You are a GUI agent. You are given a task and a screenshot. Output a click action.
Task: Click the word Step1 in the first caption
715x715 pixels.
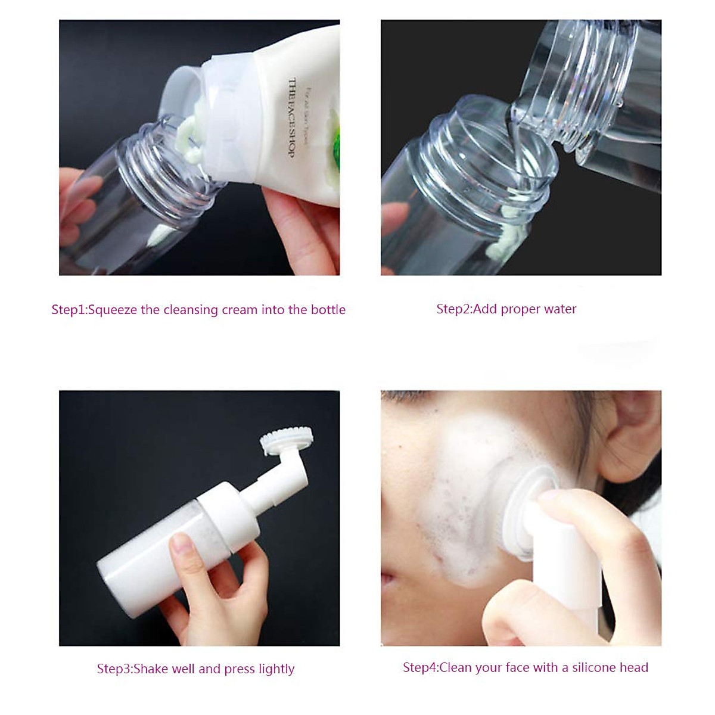[x=68, y=310]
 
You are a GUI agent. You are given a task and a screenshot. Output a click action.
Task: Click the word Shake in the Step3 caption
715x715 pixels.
[x=151, y=669]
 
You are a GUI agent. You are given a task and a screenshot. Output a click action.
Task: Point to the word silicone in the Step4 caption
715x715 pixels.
[x=595, y=667]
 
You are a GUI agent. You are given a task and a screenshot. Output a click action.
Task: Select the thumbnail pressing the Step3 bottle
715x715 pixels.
[x=180, y=544]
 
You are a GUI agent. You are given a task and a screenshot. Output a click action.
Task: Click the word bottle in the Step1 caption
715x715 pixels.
[x=328, y=310]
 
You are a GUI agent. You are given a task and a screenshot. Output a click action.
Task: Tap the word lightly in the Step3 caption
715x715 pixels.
[x=276, y=669]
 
